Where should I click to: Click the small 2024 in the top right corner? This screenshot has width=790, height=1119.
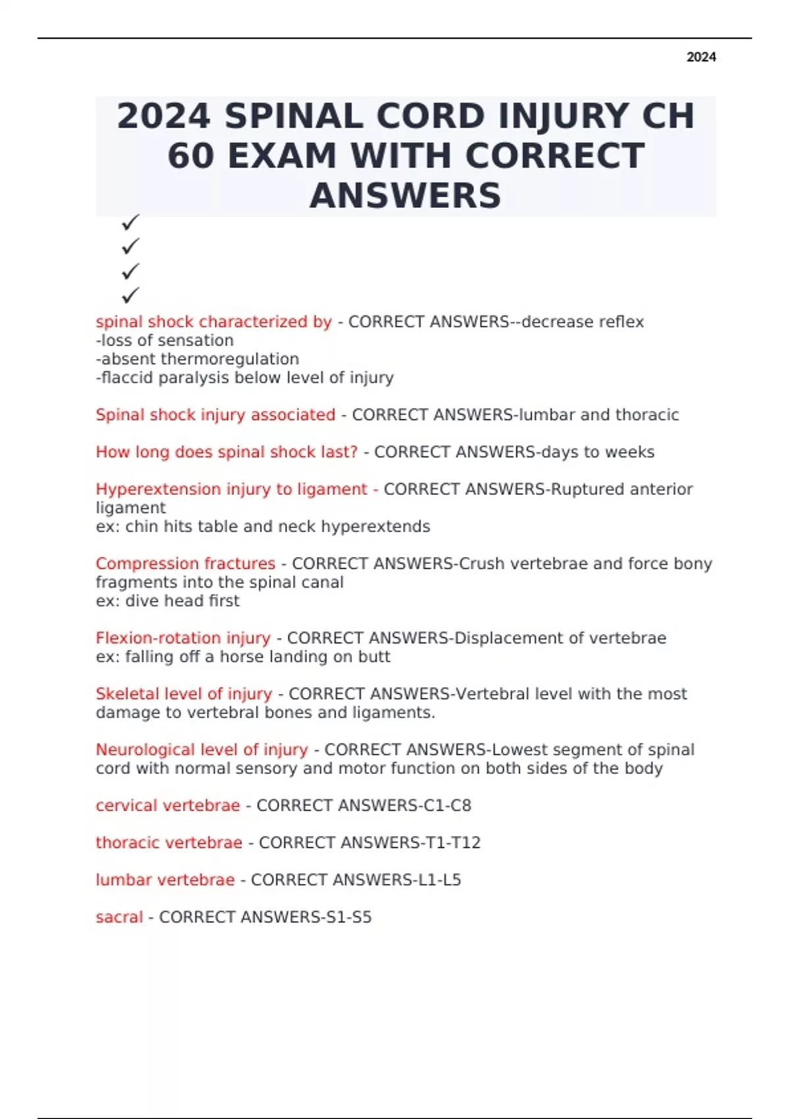pyautogui.click(x=701, y=57)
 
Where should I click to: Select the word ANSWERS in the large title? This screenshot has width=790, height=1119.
pyautogui.click(x=406, y=195)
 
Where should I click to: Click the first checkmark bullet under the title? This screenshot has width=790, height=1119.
pyautogui.click(x=130, y=222)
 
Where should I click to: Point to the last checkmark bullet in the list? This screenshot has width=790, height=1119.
pyautogui.click(x=130, y=295)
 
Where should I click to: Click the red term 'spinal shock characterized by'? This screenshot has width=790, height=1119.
pyautogui.click(x=213, y=322)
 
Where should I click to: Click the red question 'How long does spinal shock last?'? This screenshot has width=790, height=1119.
pyautogui.click(x=226, y=452)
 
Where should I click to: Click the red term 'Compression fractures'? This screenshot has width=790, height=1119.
pyautogui.click(x=185, y=563)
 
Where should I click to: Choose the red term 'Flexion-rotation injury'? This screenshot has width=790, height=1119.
pyautogui.click(x=183, y=638)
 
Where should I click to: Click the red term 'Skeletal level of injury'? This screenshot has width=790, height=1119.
pyautogui.click(x=184, y=694)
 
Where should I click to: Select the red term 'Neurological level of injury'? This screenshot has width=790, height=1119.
pyautogui.click(x=201, y=750)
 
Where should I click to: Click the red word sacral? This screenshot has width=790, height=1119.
pyautogui.click(x=119, y=917)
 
